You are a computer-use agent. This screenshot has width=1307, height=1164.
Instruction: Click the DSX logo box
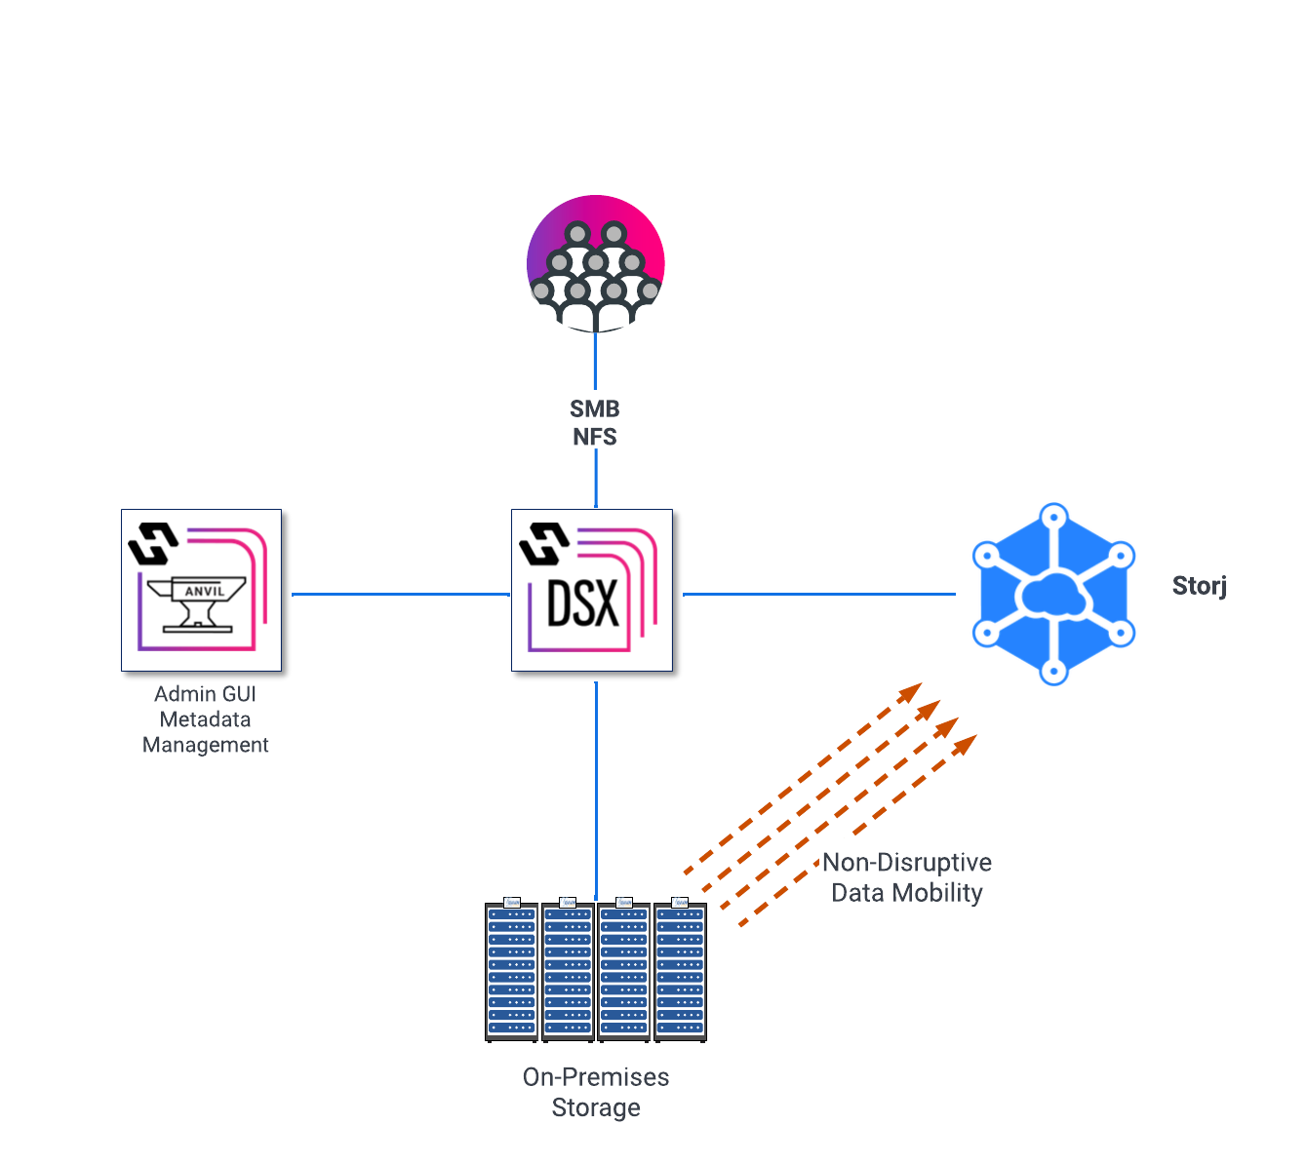tap(592, 590)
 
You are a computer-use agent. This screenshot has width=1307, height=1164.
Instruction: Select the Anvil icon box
tap(201, 590)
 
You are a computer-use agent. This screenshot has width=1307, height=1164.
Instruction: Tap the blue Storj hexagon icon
tap(1053, 594)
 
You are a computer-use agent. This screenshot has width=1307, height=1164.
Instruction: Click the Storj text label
tap(1199, 586)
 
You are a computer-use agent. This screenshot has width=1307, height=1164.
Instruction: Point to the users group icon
tap(596, 263)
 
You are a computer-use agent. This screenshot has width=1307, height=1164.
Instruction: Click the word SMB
tap(595, 408)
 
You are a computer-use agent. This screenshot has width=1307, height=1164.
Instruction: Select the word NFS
tap(595, 436)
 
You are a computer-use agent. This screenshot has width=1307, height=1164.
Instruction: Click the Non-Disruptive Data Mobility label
tap(907, 877)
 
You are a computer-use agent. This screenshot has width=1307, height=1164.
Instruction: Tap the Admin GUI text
tap(205, 694)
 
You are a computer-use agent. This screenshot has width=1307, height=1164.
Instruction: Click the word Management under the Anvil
tap(206, 745)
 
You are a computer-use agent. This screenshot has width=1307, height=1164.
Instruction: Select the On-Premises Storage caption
tap(596, 1092)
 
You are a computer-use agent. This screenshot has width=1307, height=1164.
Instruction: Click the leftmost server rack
tap(512, 970)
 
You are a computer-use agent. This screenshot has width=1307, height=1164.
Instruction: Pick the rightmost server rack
tap(680, 970)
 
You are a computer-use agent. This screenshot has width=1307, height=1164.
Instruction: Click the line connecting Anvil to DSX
tap(400, 594)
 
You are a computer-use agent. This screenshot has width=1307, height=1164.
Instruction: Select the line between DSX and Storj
tap(819, 594)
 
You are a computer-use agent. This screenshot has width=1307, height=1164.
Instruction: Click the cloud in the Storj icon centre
tap(1053, 594)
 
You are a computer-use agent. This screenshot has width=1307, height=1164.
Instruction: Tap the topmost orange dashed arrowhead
tap(911, 691)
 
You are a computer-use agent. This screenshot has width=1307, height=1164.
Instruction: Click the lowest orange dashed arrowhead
tap(965, 744)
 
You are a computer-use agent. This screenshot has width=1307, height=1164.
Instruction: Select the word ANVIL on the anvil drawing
tap(205, 591)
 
